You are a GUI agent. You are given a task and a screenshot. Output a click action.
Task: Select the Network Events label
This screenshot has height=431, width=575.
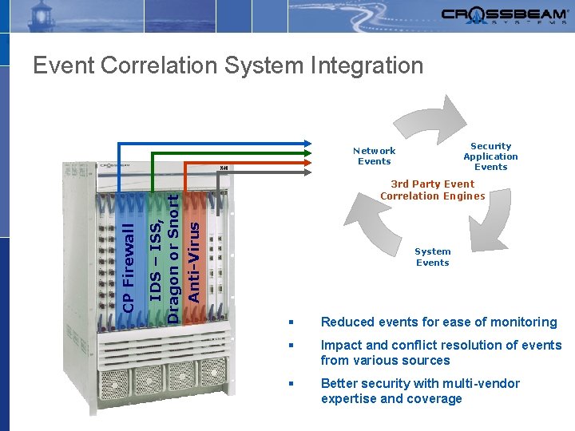click(x=374, y=156)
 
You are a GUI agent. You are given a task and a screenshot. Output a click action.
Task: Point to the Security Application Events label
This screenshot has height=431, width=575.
click(x=490, y=156)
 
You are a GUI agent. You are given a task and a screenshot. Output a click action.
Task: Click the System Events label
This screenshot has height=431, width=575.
click(x=432, y=257)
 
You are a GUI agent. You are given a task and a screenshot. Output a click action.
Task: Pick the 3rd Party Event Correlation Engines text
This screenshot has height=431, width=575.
click(x=432, y=190)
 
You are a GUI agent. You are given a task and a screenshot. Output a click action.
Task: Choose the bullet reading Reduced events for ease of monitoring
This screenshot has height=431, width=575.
click(x=438, y=322)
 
